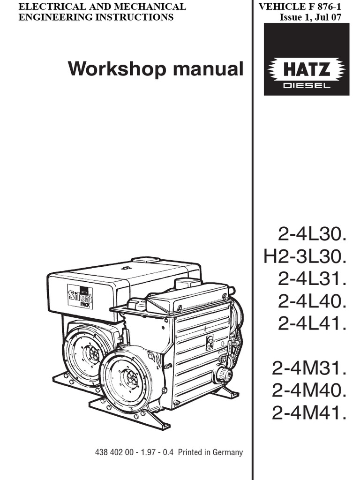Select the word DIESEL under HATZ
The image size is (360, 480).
coord(307,85)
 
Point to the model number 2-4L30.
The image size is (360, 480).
coord(312,233)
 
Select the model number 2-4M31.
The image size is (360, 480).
coord(309,368)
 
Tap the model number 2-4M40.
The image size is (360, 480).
coord(309,391)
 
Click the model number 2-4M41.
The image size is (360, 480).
coord(309,413)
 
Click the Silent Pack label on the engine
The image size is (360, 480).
coord(80,297)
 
